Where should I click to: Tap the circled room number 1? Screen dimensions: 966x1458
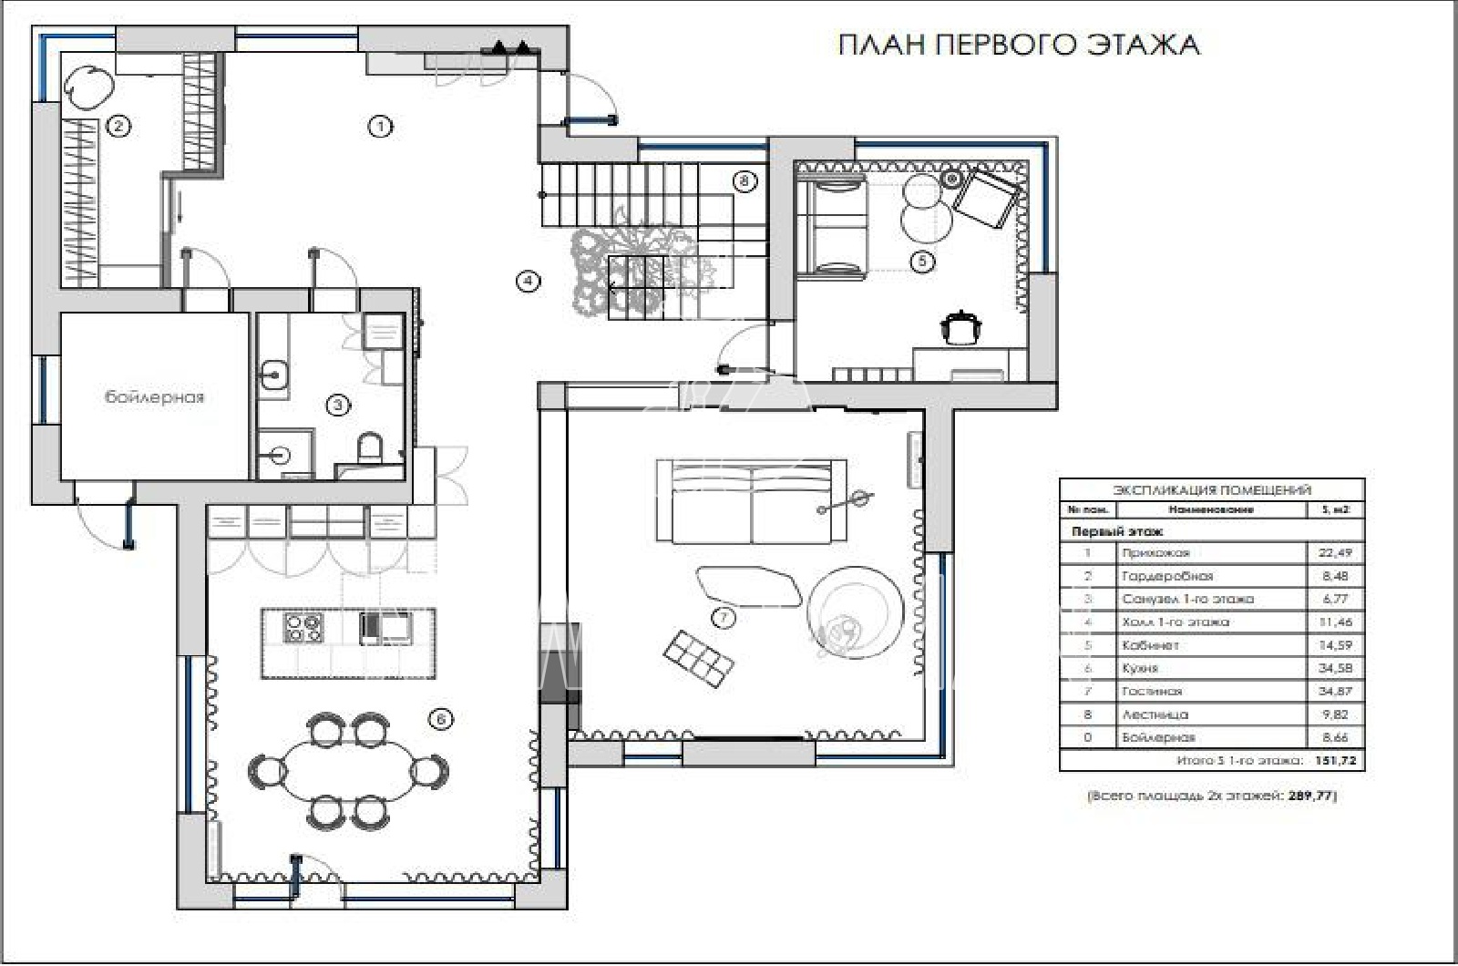pos(380,127)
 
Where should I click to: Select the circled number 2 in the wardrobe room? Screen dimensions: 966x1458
pos(118,127)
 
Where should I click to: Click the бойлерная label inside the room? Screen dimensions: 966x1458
pos(154,397)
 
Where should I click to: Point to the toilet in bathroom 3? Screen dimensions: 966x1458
pos(370,448)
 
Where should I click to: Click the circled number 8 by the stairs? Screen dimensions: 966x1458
pos(744,181)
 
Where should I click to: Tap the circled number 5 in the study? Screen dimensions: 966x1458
pos(922,262)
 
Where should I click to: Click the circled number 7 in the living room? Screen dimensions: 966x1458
pos(723,619)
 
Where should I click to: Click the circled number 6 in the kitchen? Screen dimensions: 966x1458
pos(440,720)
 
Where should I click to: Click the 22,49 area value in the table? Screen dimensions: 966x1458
pos(1335,553)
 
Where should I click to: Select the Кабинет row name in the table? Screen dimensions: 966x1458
pos(1151,645)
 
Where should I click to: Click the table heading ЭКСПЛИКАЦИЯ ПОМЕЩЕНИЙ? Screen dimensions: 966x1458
pos(1212,490)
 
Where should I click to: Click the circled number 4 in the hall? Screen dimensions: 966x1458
pos(528,282)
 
